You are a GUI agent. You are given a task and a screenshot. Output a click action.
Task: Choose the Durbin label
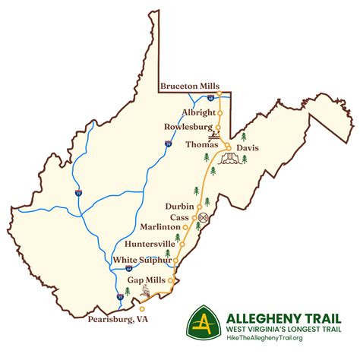click(180, 206)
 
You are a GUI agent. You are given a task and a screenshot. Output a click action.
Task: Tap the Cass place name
click(181, 216)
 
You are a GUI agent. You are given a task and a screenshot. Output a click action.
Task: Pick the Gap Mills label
click(147, 279)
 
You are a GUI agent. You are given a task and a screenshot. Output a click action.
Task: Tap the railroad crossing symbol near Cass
click(203, 216)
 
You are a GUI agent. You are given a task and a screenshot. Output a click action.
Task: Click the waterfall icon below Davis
click(230, 158)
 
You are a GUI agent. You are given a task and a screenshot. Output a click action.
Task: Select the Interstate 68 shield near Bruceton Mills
click(210, 98)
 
